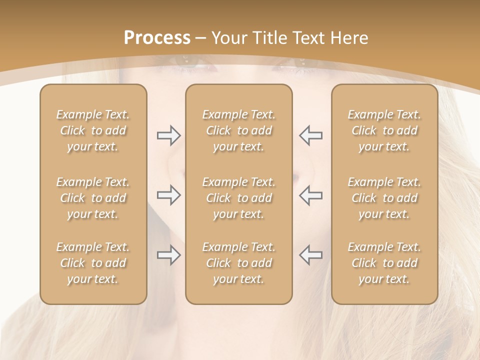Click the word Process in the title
pyautogui.click(x=157, y=38)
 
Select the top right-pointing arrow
pyautogui.click(x=168, y=135)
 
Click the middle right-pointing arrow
pyautogui.click(x=168, y=195)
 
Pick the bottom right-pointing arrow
pyautogui.click(x=168, y=255)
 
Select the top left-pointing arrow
pyautogui.click(x=310, y=135)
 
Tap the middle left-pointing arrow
pyautogui.click(x=310, y=195)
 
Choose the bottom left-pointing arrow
pyautogui.click(x=310, y=255)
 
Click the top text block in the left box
pyautogui.click(x=93, y=130)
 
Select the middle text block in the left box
pyautogui.click(x=93, y=198)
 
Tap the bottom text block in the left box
pyautogui.click(x=93, y=263)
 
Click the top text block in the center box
pyautogui.click(x=238, y=130)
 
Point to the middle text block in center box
pyautogui.click(x=238, y=198)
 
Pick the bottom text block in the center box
pyautogui.click(x=238, y=263)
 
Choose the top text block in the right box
pyautogui.click(x=384, y=130)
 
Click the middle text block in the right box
pyautogui.click(x=384, y=198)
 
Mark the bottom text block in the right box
pyautogui.click(x=384, y=263)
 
